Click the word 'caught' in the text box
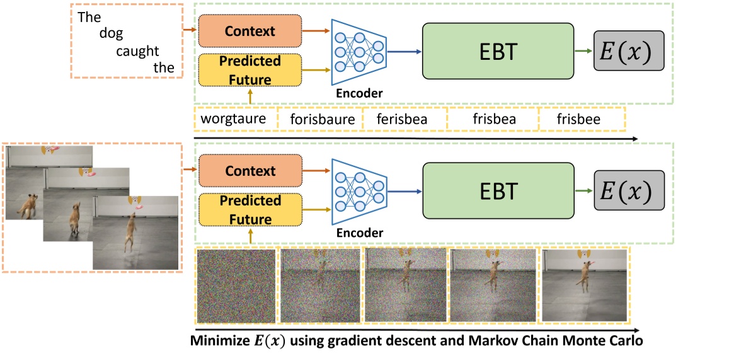(137, 51)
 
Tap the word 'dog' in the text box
(111, 34)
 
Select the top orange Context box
(250, 30)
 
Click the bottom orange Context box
(250, 171)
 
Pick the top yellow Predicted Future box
(250, 70)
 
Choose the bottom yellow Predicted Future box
(250, 210)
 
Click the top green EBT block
(498, 52)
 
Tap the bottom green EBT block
(498, 191)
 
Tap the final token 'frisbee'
(578, 119)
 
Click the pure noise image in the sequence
(236, 286)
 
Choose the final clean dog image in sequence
(585, 286)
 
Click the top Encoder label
(359, 93)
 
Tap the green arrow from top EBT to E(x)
(583, 51)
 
